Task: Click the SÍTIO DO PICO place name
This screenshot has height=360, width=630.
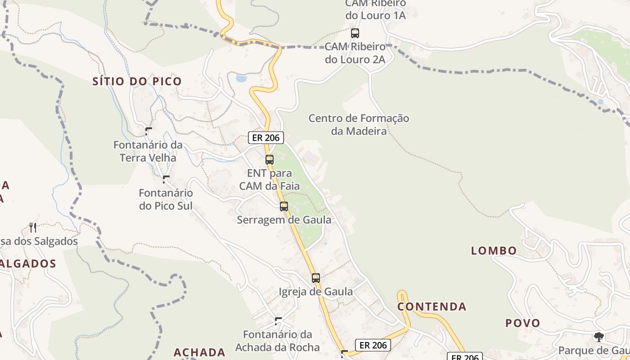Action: (x=137, y=81)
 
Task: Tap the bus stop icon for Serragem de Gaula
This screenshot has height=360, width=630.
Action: (x=284, y=207)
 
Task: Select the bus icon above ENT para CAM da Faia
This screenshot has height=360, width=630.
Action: (x=270, y=159)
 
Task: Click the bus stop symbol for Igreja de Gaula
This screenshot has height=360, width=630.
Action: (x=316, y=278)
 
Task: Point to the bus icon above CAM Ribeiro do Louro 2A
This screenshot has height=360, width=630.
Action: (x=355, y=33)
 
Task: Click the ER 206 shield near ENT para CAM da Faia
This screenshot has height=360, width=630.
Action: (x=266, y=138)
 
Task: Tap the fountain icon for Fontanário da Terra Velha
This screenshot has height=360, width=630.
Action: (x=148, y=131)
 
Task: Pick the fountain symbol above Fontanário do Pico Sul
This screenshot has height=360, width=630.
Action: (x=166, y=179)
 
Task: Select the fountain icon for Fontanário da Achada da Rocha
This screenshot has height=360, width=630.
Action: (x=278, y=321)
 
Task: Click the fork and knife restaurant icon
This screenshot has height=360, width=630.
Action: (x=32, y=227)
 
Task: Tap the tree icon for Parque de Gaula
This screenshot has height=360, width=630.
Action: (x=599, y=337)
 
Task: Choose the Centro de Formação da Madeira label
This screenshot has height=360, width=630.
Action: (x=359, y=125)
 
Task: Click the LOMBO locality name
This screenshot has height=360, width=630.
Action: (x=494, y=251)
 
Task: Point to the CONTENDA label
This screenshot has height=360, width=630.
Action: (x=432, y=307)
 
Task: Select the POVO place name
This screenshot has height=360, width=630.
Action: (x=522, y=323)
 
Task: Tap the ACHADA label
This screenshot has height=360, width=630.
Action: (x=199, y=352)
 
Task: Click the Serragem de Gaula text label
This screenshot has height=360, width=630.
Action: (x=284, y=220)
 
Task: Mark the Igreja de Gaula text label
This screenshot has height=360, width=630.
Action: (x=316, y=292)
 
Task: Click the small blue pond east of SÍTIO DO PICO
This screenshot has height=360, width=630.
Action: (x=241, y=78)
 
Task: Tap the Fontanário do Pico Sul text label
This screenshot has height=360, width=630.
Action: (x=166, y=199)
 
